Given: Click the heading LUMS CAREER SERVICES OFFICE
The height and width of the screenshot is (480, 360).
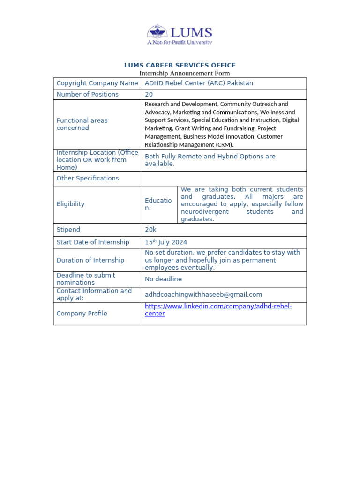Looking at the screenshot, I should [180, 65].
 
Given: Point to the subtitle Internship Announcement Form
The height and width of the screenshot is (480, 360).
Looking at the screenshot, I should [185, 74].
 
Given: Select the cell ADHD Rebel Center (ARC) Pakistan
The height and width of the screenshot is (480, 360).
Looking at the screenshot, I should [199, 83].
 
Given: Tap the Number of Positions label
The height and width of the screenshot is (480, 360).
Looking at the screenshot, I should [87, 94].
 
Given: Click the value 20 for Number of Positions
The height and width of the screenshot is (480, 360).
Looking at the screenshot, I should [149, 94].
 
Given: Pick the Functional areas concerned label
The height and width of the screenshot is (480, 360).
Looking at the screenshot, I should [82, 124].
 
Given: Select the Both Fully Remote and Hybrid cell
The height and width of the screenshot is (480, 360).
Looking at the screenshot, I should [210, 160].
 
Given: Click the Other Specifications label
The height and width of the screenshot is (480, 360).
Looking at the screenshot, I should [87, 178].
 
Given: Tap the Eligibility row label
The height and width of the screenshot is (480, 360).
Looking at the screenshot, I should [70, 204].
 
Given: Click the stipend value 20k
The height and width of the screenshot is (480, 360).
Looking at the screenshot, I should [151, 230].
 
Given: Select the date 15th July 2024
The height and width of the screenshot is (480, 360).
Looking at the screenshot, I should [166, 242].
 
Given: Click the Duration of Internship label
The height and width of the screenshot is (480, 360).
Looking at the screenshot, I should [90, 260].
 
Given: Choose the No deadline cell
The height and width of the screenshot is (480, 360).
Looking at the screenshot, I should [163, 279].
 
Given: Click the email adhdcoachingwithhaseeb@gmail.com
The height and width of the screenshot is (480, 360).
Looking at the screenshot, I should [203, 295].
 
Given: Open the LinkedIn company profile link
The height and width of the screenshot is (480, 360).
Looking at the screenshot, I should [218, 307].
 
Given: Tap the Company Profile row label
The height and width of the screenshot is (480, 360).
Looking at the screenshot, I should [82, 314].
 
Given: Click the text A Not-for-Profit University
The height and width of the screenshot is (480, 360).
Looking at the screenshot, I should [180, 42].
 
